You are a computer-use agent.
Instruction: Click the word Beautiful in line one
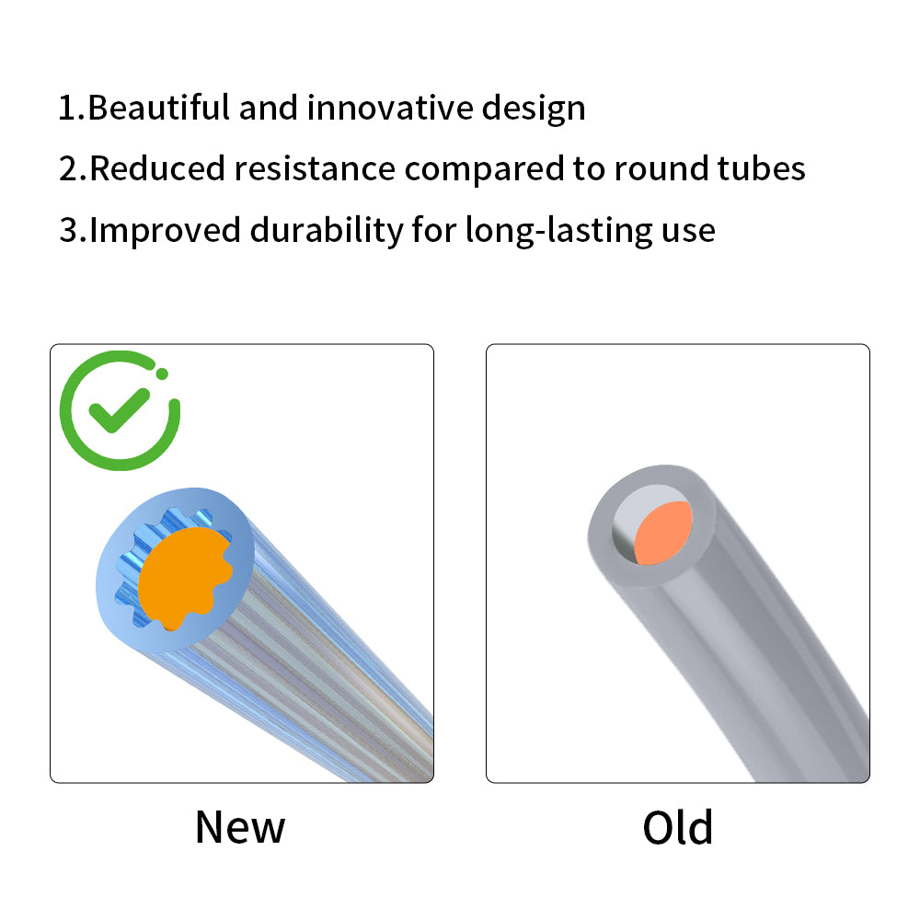point(158,108)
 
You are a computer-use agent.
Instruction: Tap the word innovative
point(390,108)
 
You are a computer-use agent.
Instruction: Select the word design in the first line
point(534,109)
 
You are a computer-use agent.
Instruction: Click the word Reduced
point(157,168)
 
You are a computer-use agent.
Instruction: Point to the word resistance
point(315,168)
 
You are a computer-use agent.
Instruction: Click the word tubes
point(762,168)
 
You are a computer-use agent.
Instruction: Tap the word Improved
point(165,231)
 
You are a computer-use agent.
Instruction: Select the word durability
point(327,231)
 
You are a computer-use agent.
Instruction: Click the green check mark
point(119,410)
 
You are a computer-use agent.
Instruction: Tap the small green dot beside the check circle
point(162,374)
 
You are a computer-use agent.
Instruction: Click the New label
point(240,827)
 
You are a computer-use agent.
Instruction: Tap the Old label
point(678,827)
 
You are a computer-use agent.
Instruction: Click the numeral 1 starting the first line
point(67,108)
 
